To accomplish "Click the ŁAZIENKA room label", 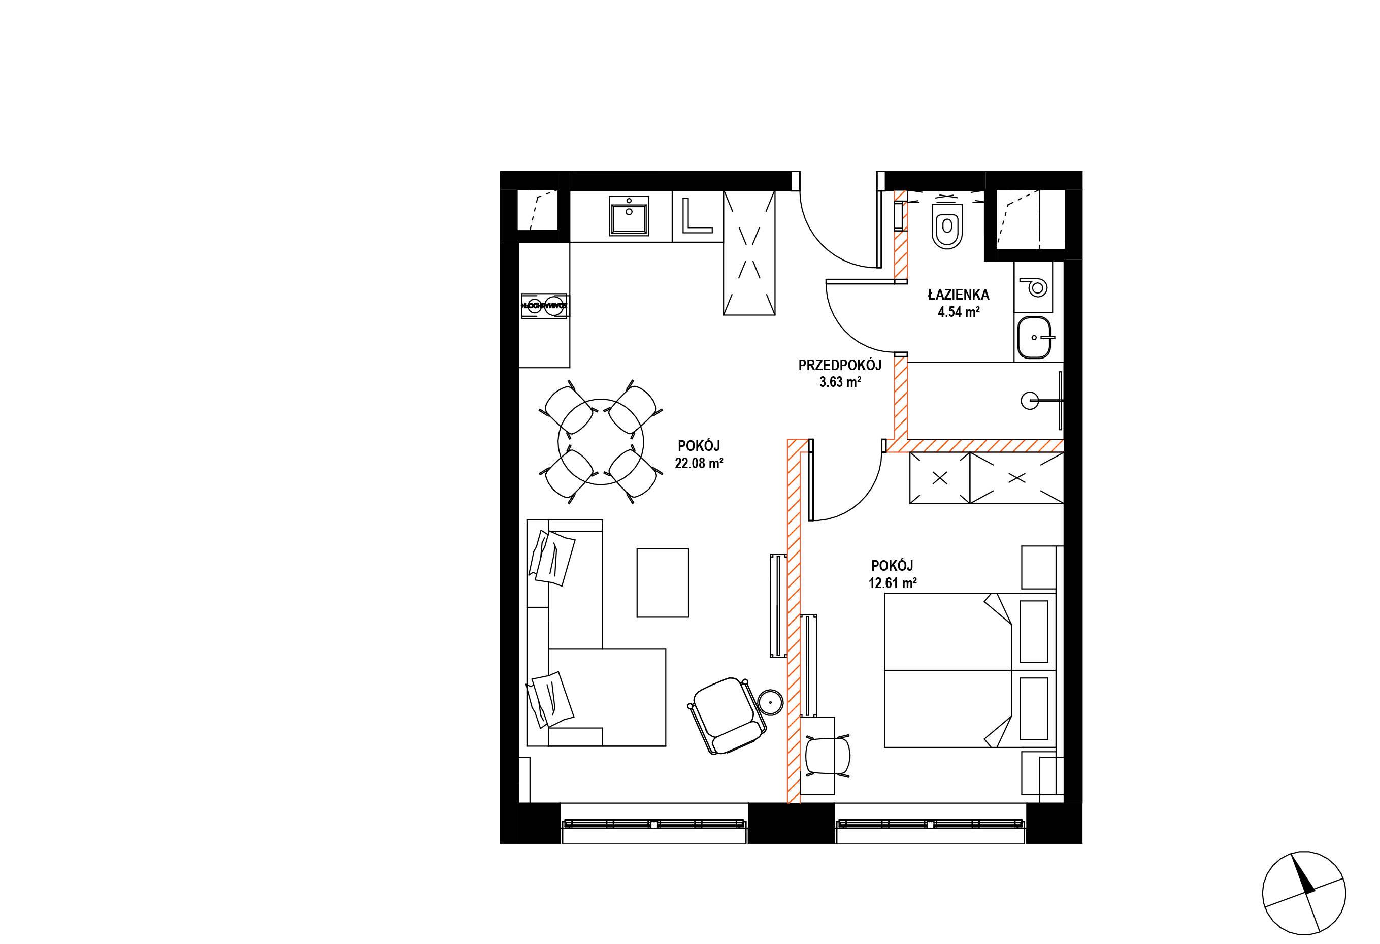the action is click(959, 294).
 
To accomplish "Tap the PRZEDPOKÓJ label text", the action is click(840, 365).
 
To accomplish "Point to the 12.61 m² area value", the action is click(893, 583).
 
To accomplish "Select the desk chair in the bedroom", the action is click(827, 756).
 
